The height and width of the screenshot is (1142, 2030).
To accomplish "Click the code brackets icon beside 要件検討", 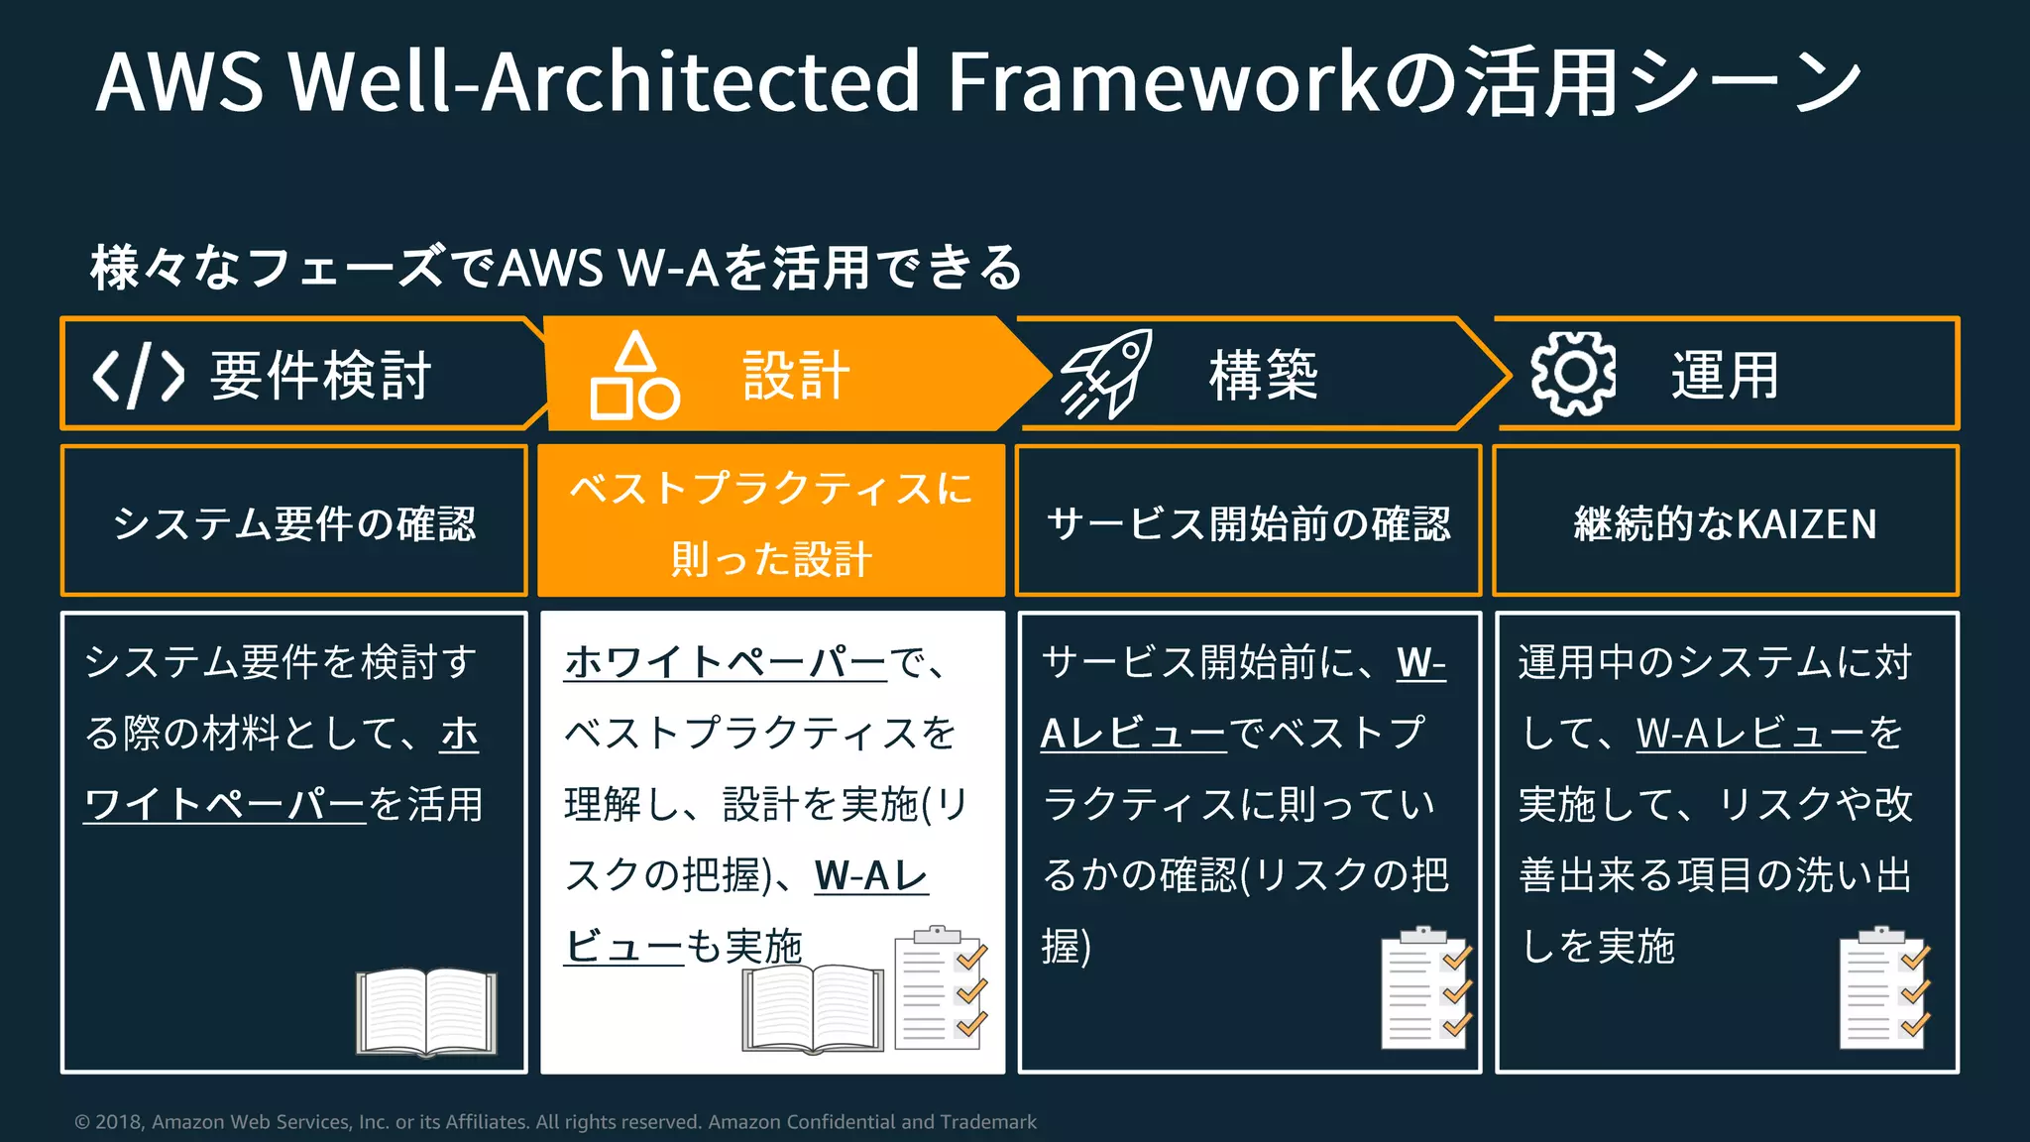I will point(139,376).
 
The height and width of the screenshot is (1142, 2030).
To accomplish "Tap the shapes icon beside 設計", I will point(634,376).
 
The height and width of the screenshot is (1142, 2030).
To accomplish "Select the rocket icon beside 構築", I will point(1106,375).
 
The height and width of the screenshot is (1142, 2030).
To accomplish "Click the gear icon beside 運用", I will point(1573,374).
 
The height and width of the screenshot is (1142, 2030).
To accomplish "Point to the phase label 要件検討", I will point(321,376).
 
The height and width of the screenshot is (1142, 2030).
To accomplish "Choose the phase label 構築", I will point(1264,376).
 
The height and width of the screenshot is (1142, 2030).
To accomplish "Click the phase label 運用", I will point(1726,376).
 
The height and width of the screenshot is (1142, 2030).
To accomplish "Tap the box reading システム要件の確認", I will point(294,522).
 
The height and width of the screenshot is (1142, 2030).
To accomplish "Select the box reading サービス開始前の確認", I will point(1249,522).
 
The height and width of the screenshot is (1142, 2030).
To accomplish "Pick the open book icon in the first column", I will point(426,1011).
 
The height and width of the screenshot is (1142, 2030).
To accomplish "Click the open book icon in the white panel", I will point(813,1007).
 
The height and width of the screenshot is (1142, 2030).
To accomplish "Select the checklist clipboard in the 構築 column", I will point(1425,989).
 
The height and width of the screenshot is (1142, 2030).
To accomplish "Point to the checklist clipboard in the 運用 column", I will point(1884,989).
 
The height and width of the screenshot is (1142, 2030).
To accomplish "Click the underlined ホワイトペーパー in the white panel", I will point(726,662).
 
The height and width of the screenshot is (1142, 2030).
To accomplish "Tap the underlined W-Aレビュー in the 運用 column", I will point(1750,734).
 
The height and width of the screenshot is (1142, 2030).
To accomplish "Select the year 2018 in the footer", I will point(119,1122).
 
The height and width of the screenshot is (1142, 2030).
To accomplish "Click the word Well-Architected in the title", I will point(605,81).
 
